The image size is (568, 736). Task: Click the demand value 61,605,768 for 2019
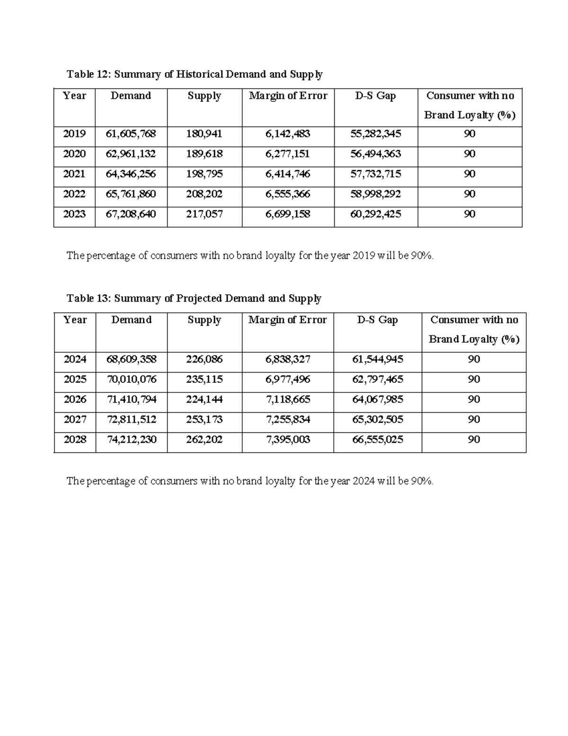(x=131, y=134)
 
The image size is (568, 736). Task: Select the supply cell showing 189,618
(x=204, y=154)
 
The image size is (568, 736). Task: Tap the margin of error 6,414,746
(x=288, y=174)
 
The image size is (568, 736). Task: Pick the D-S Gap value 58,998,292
(x=376, y=194)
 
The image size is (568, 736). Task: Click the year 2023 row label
(x=74, y=214)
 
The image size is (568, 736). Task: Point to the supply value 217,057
(x=204, y=214)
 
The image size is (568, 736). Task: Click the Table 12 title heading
(x=195, y=74)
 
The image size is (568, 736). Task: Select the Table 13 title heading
(x=194, y=298)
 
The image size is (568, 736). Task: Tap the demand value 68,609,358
(x=131, y=359)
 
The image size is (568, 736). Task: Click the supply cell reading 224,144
(x=204, y=399)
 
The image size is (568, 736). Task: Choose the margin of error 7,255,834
(x=288, y=419)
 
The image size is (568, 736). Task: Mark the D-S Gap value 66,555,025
(x=378, y=439)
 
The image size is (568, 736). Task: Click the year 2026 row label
(x=75, y=399)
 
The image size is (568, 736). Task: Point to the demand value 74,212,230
(x=131, y=439)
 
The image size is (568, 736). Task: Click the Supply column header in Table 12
(x=204, y=96)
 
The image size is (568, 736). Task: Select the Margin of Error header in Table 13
(x=287, y=320)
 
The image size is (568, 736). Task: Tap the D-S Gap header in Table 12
(x=376, y=96)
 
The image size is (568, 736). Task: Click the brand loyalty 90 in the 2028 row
(x=474, y=439)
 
